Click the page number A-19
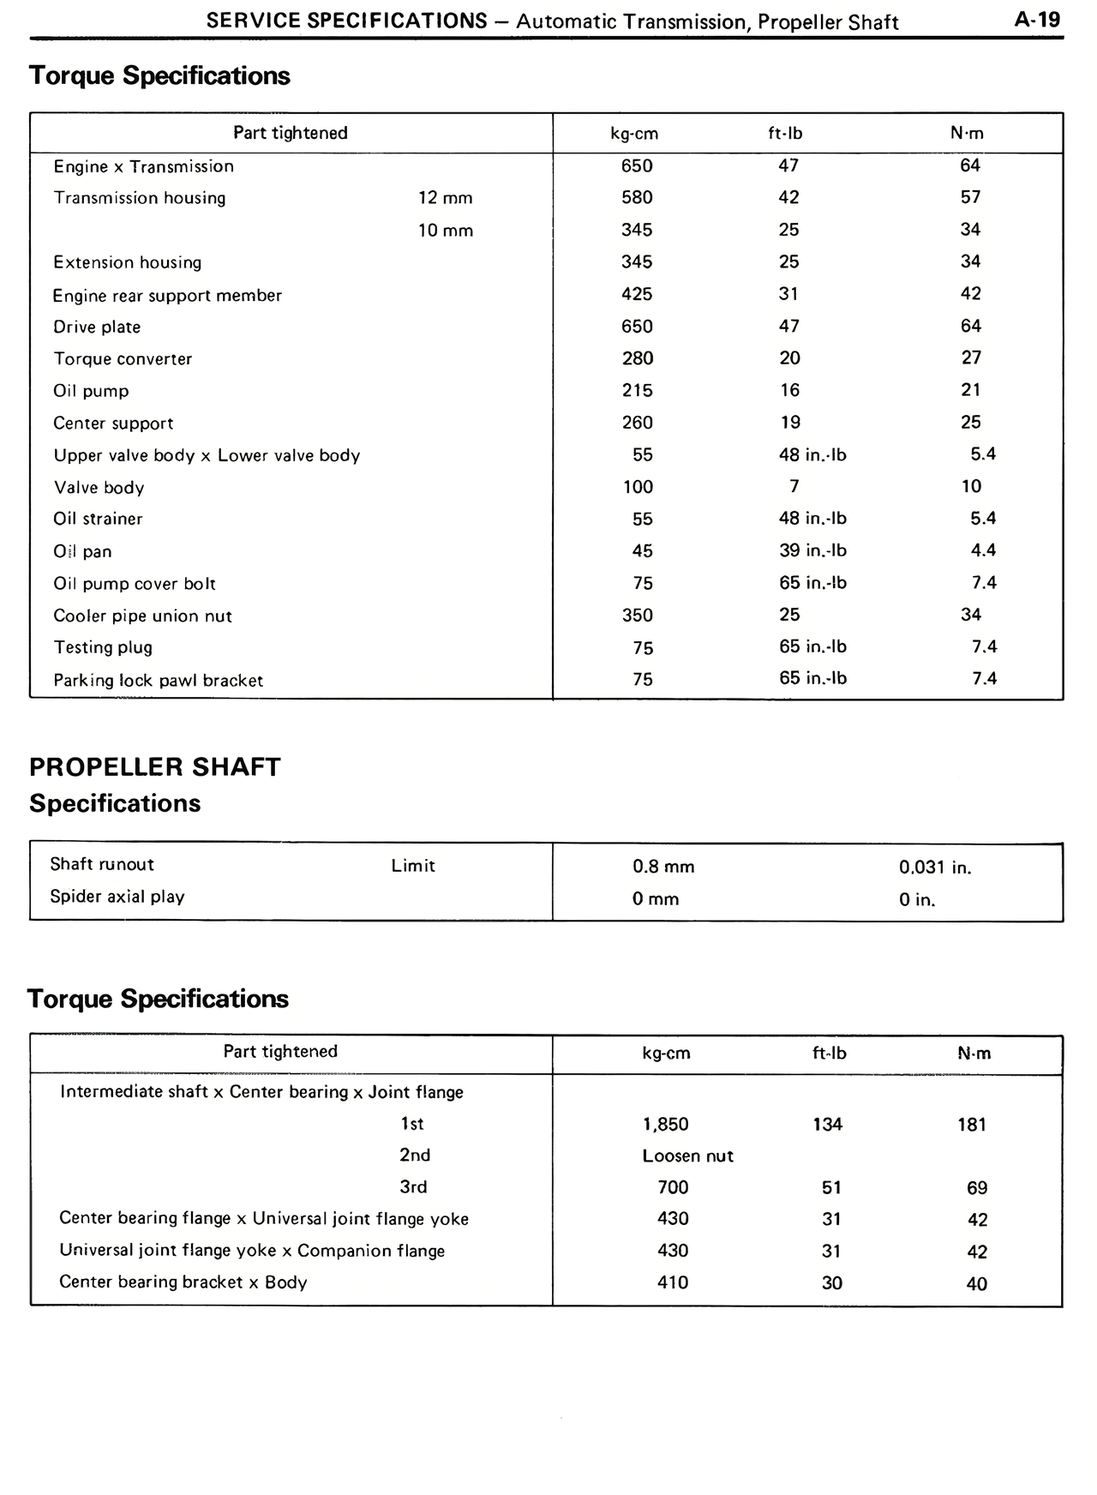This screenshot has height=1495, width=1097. click(x=1037, y=19)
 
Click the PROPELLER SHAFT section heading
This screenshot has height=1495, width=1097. click(x=155, y=766)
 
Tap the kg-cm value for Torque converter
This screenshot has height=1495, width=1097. click(x=637, y=358)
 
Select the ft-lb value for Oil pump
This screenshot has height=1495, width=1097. click(x=789, y=390)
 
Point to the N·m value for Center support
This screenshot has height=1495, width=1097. click(x=970, y=422)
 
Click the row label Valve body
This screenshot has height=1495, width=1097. click(x=99, y=488)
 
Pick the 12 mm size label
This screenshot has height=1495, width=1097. click(x=445, y=198)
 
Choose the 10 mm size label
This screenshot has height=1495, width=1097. click(x=445, y=231)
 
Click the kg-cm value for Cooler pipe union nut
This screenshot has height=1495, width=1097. click(x=637, y=615)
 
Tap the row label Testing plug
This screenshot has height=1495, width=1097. click(x=103, y=647)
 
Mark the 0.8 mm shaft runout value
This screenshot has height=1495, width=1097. click(x=663, y=867)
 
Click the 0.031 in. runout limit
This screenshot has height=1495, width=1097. click(x=935, y=868)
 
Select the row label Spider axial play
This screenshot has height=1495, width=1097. click(x=117, y=897)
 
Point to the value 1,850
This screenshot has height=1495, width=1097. click(x=665, y=1125)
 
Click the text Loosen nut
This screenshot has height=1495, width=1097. click(x=687, y=1156)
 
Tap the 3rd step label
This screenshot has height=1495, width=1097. click(x=413, y=1187)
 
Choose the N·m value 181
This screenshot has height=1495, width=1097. click(x=972, y=1125)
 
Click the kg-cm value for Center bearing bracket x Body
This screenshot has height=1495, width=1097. click(x=673, y=1282)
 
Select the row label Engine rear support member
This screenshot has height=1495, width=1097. click(x=167, y=296)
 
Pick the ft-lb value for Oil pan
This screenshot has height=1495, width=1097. click(x=812, y=550)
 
